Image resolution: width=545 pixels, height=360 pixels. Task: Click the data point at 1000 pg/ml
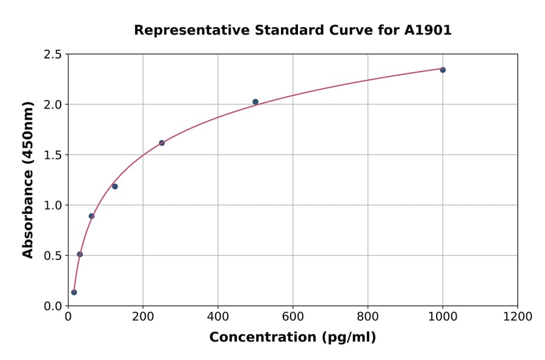click(x=443, y=70)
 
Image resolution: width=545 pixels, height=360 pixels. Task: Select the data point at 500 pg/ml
click(x=256, y=102)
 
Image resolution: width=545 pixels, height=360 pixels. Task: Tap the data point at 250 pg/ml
click(x=162, y=143)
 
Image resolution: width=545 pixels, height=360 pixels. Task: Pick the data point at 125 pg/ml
click(x=115, y=186)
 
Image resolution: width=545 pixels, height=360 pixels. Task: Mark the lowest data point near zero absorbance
click(x=74, y=292)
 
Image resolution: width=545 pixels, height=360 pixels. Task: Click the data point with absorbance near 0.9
click(x=91, y=216)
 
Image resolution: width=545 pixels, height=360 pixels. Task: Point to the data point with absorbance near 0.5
click(x=80, y=254)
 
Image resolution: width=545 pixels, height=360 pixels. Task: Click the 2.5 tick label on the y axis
click(x=52, y=55)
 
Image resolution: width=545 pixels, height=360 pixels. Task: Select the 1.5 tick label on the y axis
click(x=52, y=155)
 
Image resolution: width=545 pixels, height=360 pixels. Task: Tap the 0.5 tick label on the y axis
click(x=52, y=256)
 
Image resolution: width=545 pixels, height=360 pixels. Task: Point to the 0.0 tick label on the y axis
click(x=52, y=306)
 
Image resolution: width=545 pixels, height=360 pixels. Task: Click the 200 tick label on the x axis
click(x=143, y=316)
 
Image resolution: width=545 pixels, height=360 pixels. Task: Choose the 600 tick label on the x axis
click(x=292, y=316)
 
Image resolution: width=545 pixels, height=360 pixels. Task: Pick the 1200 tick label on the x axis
click(x=518, y=316)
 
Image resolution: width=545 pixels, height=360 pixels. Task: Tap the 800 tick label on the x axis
click(x=368, y=316)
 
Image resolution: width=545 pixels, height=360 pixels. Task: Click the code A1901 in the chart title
click(x=428, y=30)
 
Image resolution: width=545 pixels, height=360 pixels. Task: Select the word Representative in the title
click(x=185, y=30)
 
